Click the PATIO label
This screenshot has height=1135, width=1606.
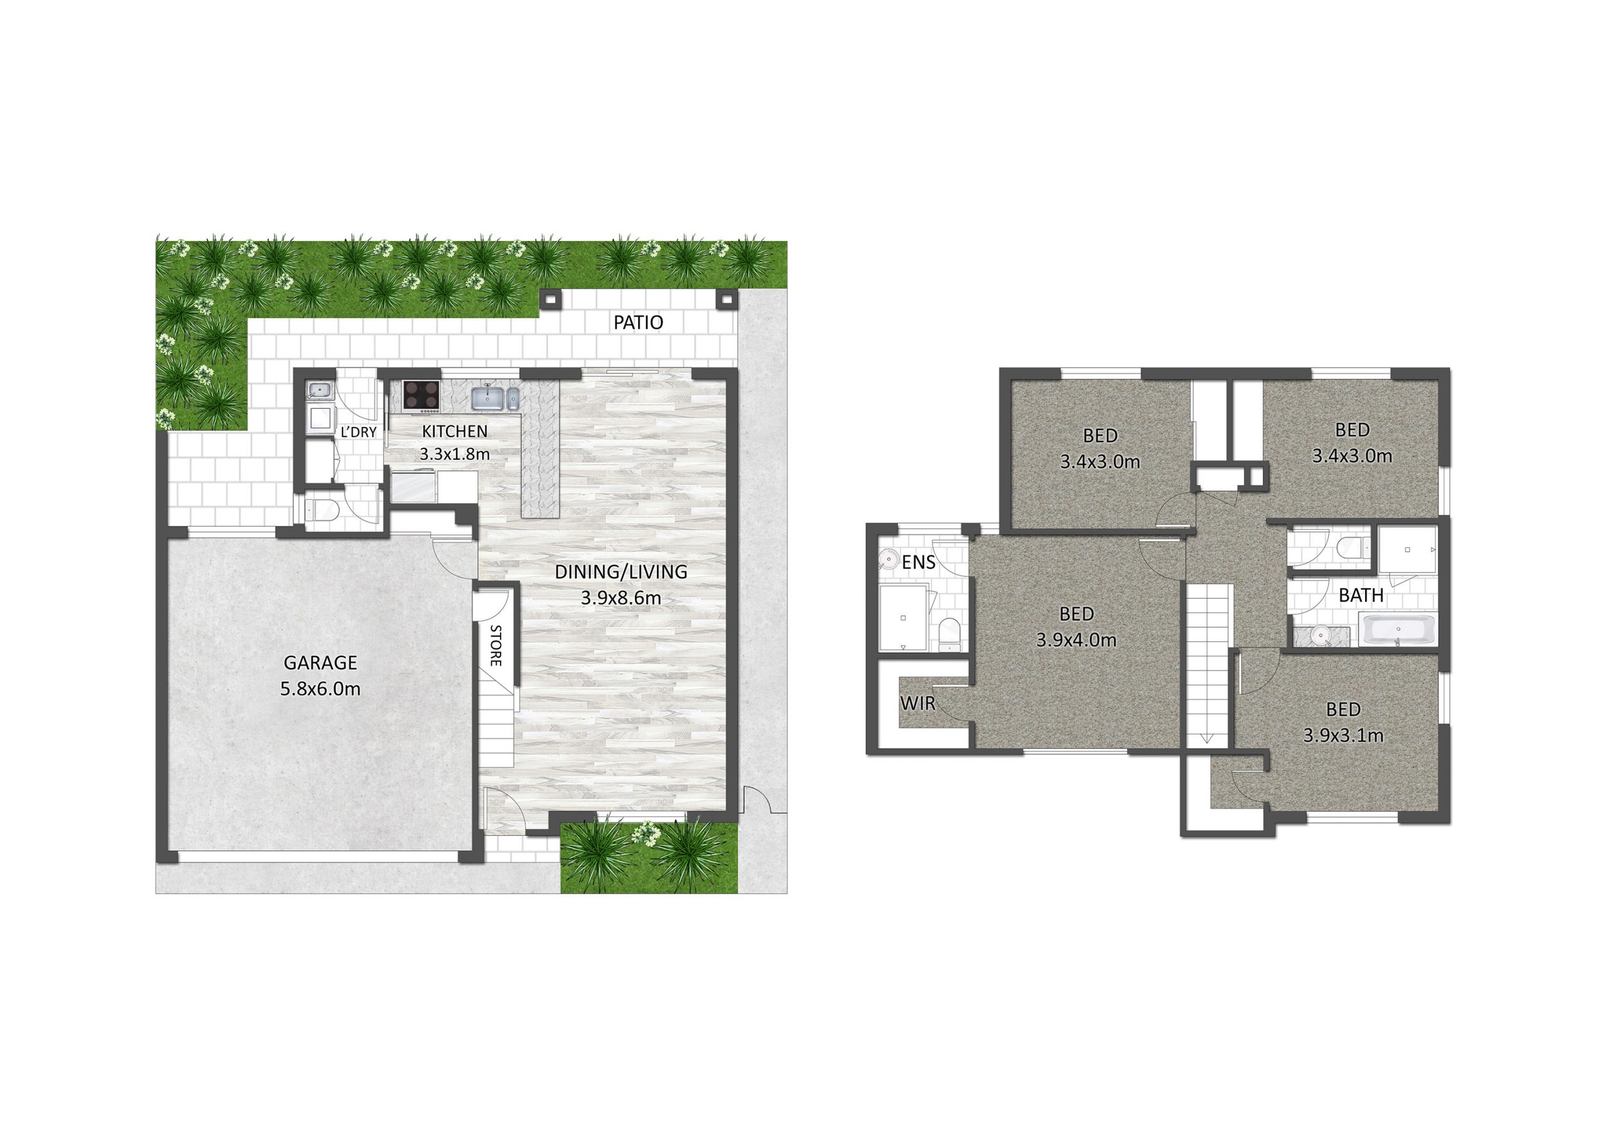coord(638,322)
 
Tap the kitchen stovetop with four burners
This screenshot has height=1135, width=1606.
coord(421,395)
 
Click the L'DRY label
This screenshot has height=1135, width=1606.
coord(358,432)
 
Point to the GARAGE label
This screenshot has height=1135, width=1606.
coord(321,662)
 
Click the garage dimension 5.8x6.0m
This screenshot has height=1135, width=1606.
coord(321,689)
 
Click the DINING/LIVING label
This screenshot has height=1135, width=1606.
coord(620,572)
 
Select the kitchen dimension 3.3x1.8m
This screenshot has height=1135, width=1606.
coord(455,454)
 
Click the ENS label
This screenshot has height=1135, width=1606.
coord(918,562)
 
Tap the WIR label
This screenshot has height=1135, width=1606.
coord(917,703)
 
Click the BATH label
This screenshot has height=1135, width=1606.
coord(1361,595)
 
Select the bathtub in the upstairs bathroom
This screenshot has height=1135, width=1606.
coord(1398,630)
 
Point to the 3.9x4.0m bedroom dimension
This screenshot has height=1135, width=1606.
coord(1076,640)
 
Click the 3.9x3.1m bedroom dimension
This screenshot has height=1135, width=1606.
coord(1343,736)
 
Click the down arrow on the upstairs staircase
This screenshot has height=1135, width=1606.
coord(1206,736)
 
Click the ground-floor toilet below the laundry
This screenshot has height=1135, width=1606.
coord(323,511)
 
